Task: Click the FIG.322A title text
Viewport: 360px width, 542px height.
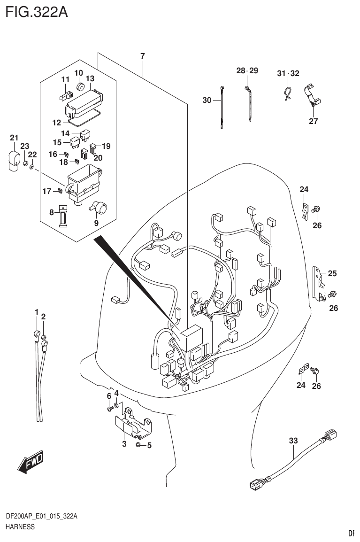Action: point(36,12)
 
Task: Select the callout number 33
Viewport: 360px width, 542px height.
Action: point(293,441)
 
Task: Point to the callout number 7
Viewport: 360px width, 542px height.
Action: point(142,56)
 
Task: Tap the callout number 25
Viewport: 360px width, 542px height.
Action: point(332,273)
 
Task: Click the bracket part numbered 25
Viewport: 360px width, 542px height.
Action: point(319,283)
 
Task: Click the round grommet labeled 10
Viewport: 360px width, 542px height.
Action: point(80,87)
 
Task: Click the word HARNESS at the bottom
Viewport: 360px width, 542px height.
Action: point(20,527)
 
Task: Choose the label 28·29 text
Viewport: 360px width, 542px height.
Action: point(247,71)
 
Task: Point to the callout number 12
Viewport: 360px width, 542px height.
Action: point(56,123)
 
